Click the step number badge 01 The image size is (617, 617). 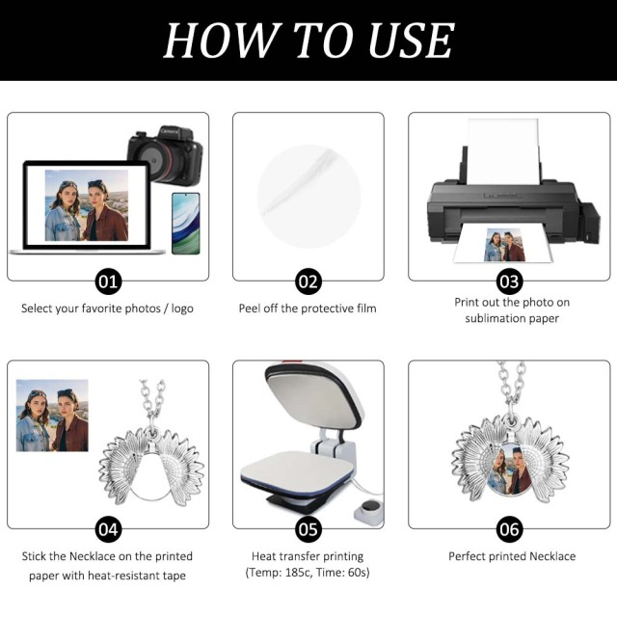click(x=108, y=282)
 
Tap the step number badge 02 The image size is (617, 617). click(x=308, y=282)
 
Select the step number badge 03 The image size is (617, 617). click(x=509, y=282)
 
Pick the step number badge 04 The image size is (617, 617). click(x=108, y=528)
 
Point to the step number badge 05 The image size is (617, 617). click(x=308, y=528)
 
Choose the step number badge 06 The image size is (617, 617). click(x=509, y=528)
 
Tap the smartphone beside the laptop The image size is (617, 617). click(x=185, y=222)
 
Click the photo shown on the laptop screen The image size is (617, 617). click(x=86, y=205)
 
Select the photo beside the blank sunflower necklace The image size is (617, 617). click(x=52, y=416)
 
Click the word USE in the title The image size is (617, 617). click(x=400, y=40)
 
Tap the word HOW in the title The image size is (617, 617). click(x=214, y=40)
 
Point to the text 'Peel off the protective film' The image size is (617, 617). click(x=308, y=308)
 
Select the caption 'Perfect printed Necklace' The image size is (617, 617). click(x=511, y=556)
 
